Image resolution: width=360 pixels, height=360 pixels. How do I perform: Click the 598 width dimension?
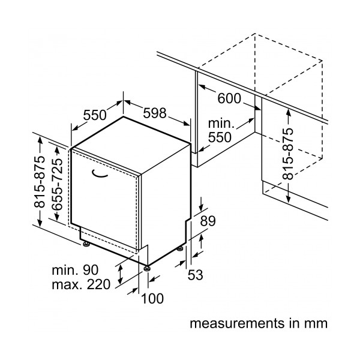pos(155,113)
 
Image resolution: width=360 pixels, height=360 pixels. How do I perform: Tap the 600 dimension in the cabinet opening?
pos(229,98)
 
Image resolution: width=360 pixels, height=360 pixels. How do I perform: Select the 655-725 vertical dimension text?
pos(57,184)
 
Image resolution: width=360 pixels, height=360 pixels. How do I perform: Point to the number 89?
pos(208,221)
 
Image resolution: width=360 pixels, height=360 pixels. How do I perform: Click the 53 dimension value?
pos(196,275)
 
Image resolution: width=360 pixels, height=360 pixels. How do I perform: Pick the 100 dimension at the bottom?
pos(152,298)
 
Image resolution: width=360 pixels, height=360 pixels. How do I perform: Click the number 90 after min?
pos(91,270)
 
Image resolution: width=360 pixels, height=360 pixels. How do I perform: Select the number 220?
pos(98,284)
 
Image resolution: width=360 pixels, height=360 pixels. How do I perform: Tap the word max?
pos(67,285)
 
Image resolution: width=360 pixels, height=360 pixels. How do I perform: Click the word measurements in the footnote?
pos(237,323)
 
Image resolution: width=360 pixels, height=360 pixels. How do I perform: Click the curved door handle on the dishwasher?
pos(99,174)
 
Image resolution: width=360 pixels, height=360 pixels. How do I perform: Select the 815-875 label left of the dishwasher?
pos(39,182)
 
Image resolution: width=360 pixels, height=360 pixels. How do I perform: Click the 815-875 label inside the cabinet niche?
pos(288,154)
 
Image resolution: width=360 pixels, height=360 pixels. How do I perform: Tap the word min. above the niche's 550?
pos(221,123)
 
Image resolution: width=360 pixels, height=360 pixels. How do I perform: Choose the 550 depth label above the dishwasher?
pos(95,115)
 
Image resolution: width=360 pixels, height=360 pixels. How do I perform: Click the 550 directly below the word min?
pos(220,137)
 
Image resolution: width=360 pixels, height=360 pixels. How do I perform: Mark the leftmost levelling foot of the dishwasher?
pos(86,244)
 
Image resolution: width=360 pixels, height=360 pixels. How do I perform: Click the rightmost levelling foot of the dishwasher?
pos(180,248)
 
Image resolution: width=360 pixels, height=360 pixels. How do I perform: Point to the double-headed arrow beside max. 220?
pos(120,274)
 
